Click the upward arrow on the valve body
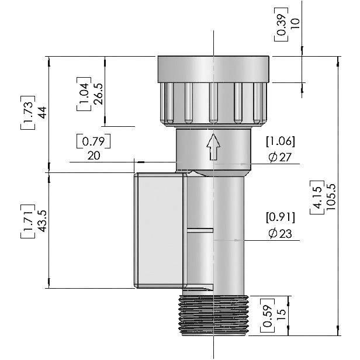click(213, 147)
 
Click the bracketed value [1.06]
click(280, 141)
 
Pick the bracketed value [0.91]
click(281, 217)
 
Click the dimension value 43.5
click(41, 220)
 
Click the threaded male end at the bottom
click(214, 316)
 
